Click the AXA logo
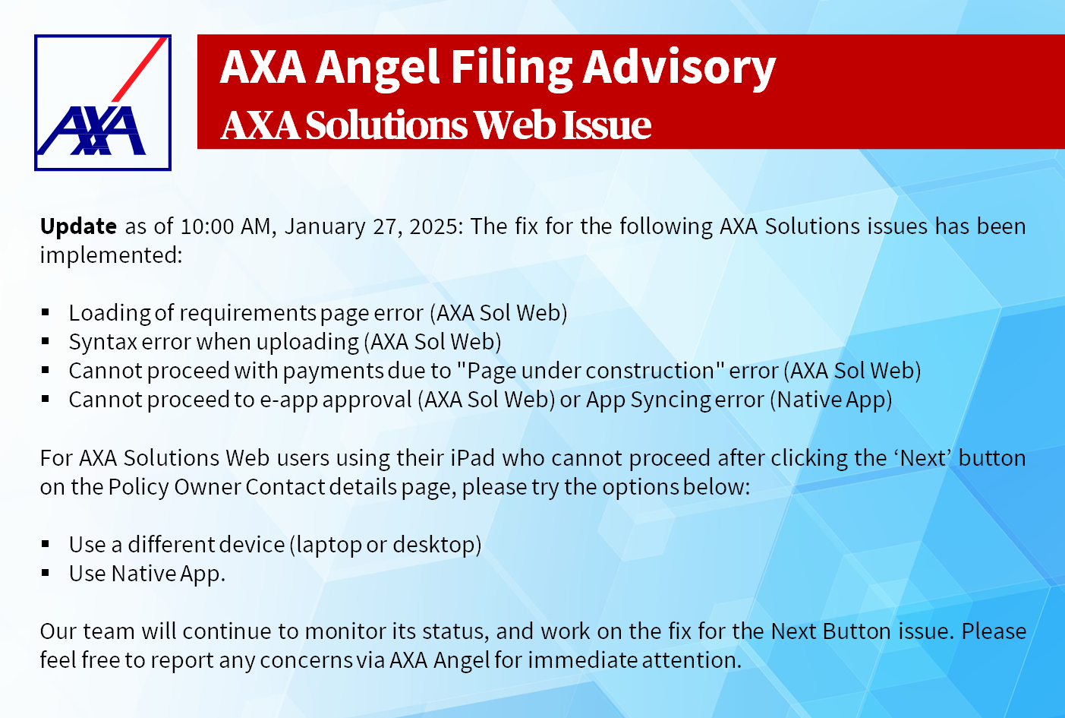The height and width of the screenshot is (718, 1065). click(102, 103)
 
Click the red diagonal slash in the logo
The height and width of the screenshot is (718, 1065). click(140, 69)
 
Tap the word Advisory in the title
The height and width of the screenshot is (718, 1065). click(679, 68)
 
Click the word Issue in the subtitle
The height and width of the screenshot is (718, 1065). click(607, 125)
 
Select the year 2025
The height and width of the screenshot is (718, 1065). click(435, 226)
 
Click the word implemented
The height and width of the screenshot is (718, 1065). click(111, 256)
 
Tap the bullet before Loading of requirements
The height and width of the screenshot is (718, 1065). click(46, 312)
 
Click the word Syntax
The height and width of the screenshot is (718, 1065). click(103, 343)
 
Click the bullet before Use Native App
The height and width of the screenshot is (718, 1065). click(46, 574)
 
